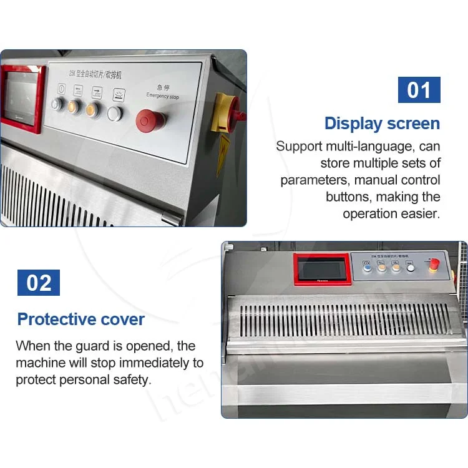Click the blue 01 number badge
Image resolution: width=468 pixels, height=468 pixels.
419,90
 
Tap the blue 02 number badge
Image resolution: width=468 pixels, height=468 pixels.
39,283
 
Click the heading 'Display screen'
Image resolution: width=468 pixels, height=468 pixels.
382,124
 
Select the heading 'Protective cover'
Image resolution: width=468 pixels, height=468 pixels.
81,319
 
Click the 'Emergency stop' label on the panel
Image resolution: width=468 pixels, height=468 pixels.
162,96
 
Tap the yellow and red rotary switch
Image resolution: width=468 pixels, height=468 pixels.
223,113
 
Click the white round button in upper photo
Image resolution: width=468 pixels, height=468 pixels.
115,113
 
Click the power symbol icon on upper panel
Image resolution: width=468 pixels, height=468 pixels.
61,89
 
